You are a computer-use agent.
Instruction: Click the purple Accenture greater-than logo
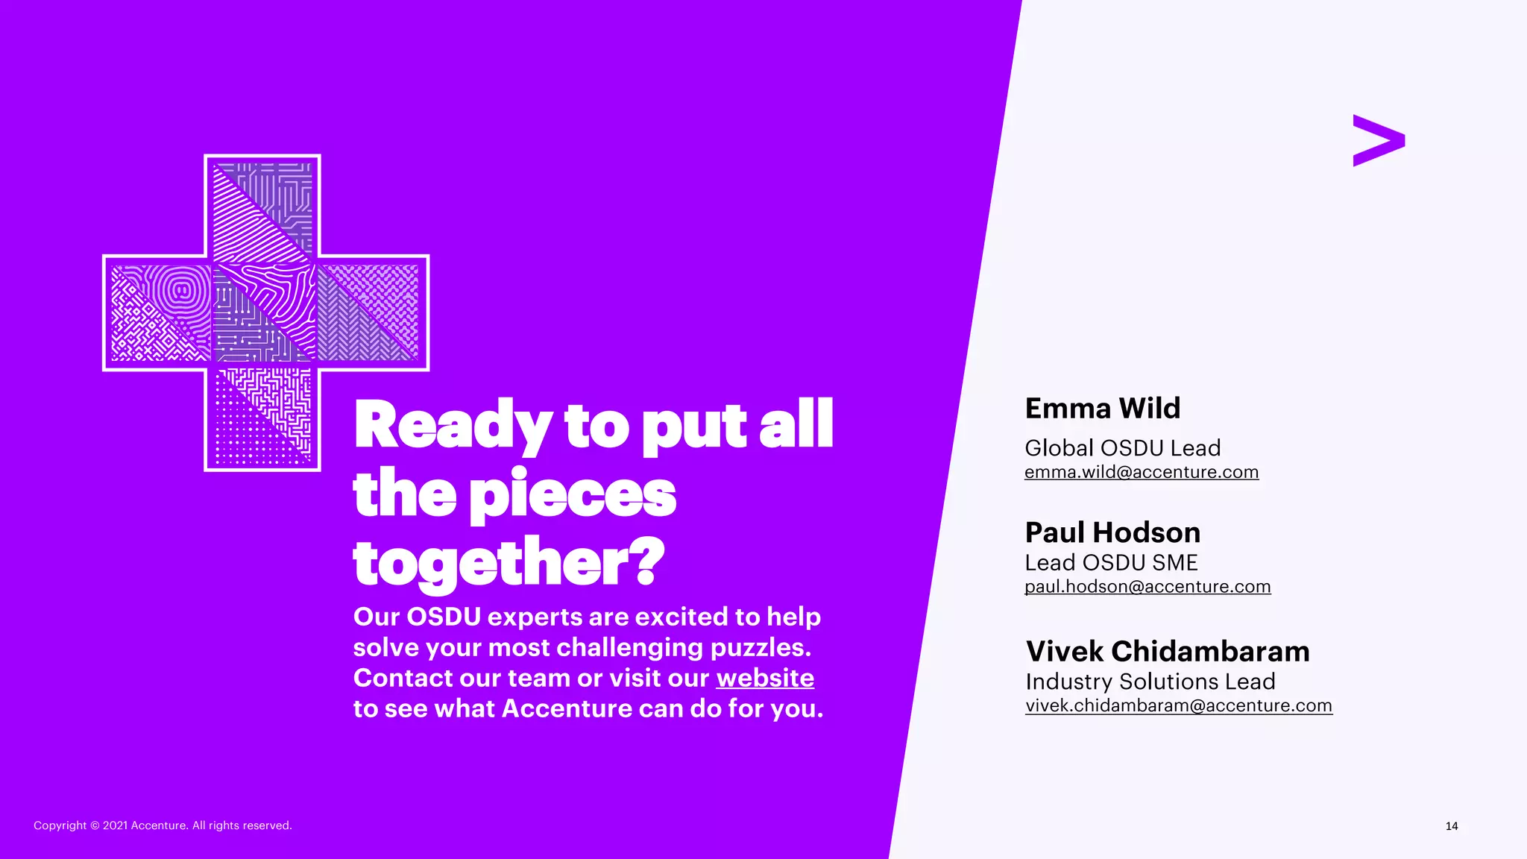[1378, 140]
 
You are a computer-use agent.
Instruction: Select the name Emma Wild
[1102, 409]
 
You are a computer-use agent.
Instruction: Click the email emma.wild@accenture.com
[1141, 472]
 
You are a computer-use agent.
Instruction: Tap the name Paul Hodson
[1112, 532]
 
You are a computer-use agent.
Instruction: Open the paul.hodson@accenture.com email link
[1147, 587]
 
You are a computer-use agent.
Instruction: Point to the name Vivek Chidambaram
[1167, 652]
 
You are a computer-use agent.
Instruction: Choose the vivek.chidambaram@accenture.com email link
[1178, 705]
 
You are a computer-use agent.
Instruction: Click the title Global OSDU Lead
[1122, 448]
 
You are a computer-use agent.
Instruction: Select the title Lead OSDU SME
[1111, 563]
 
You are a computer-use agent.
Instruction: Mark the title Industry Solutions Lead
[1150, 682]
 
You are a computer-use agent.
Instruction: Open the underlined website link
[765, 678]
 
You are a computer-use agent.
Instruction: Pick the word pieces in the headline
[573, 495]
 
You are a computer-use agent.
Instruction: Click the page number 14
[1451, 826]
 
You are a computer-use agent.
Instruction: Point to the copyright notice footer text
[163, 825]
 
